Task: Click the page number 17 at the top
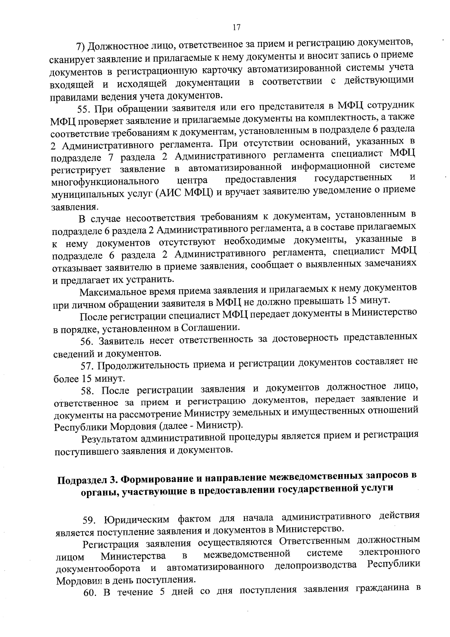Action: click(x=236, y=27)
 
